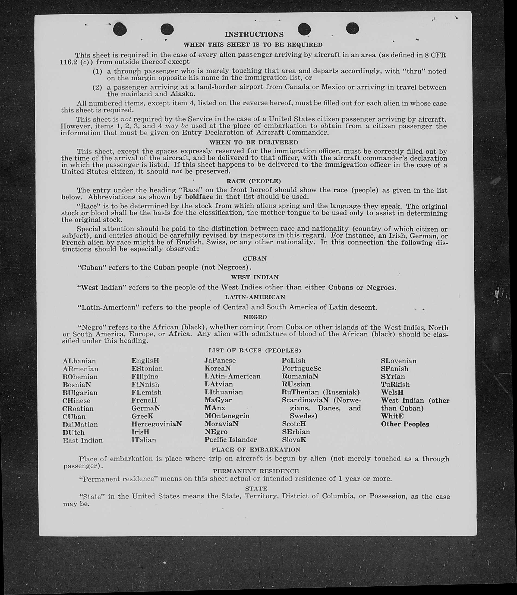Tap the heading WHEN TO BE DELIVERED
pyautogui.click(x=254, y=142)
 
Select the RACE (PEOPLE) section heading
pyautogui.click(x=254, y=181)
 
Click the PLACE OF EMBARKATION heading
pyautogui.click(x=256, y=450)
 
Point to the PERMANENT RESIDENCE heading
pyautogui.click(x=256, y=471)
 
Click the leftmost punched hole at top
pyautogui.click(x=120, y=30)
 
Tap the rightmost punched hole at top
pyautogui.click(x=352, y=28)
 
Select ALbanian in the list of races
pyautogui.click(x=79, y=361)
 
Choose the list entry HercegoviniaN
pyautogui.click(x=157, y=424)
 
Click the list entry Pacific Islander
pyautogui.click(x=231, y=440)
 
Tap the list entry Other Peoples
pyautogui.click(x=405, y=424)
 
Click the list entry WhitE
pyautogui.click(x=392, y=416)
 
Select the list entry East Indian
pyautogui.click(x=83, y=440)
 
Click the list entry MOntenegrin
pyautogui.click(x=227, y=416)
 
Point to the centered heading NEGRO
pyautogui.click(x=255, y=317)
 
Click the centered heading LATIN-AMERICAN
pyautogui.click(x=255, y=297)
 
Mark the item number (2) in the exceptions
pyautogui.click(x=97, y=87)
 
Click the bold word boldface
pyautogui.click(x=199, y=197)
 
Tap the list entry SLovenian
pyautogui.click(x=398, y=361)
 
